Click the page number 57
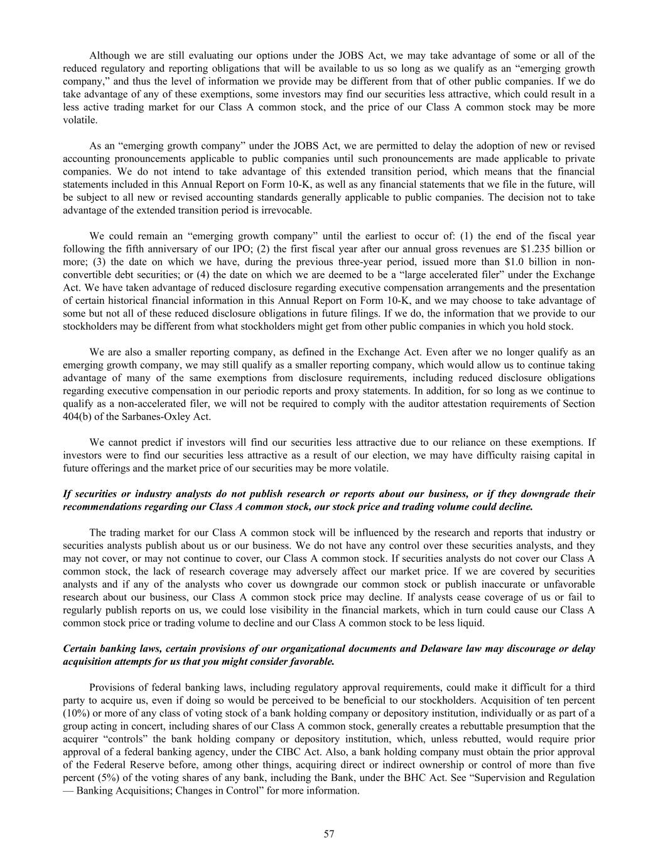coord(329,834)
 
